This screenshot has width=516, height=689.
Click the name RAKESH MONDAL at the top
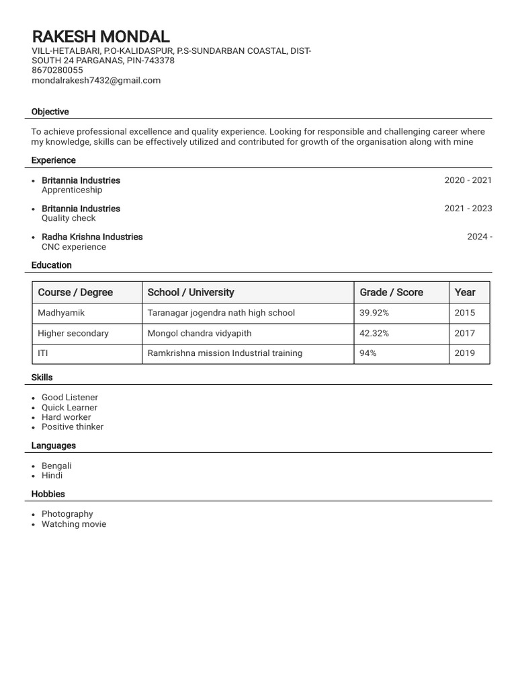pyautogui.click(x=101, y=36)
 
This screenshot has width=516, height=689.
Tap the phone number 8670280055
pyautogui.click(x=57, y=70)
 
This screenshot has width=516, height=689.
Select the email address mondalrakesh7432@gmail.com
pyautogui.click(x=96, y=80)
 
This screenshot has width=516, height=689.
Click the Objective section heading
pyautogui.click(x=50, y=112)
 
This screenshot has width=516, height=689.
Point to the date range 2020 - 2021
pyautogui.click(x=468, y=180)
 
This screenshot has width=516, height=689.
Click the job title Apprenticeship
pyautogui.click(x=72, y=190)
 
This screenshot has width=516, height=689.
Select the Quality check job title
pyautogui.click(x=69, y=218)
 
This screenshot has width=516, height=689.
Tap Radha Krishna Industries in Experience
pyautogui.click(x=92, y=237)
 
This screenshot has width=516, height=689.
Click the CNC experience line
pyautogui.click(x=74, y=247)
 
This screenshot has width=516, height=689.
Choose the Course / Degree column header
pyautogui.click(x=75, y=292)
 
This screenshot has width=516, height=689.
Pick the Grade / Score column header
pyautogui.click(x=391, y=292)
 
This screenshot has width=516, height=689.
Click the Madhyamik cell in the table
pyautogui.click(x=61, y=313)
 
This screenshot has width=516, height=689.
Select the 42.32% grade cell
pyautogui.click(x=374, y=333)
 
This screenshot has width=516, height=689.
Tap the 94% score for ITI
pyautogui.click(x=368, y=353)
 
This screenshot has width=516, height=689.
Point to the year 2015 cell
pyautogui.click(x=464, y=313)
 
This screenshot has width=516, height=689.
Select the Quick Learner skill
pyautogui.click(x=69, y=407)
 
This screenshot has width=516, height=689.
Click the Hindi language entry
pyautogui.click(x=52, y=475)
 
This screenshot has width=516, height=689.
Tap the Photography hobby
pyautogui.click(x=67, y=514)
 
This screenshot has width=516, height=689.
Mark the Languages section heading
pyautogui.click(x=53, y=445)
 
